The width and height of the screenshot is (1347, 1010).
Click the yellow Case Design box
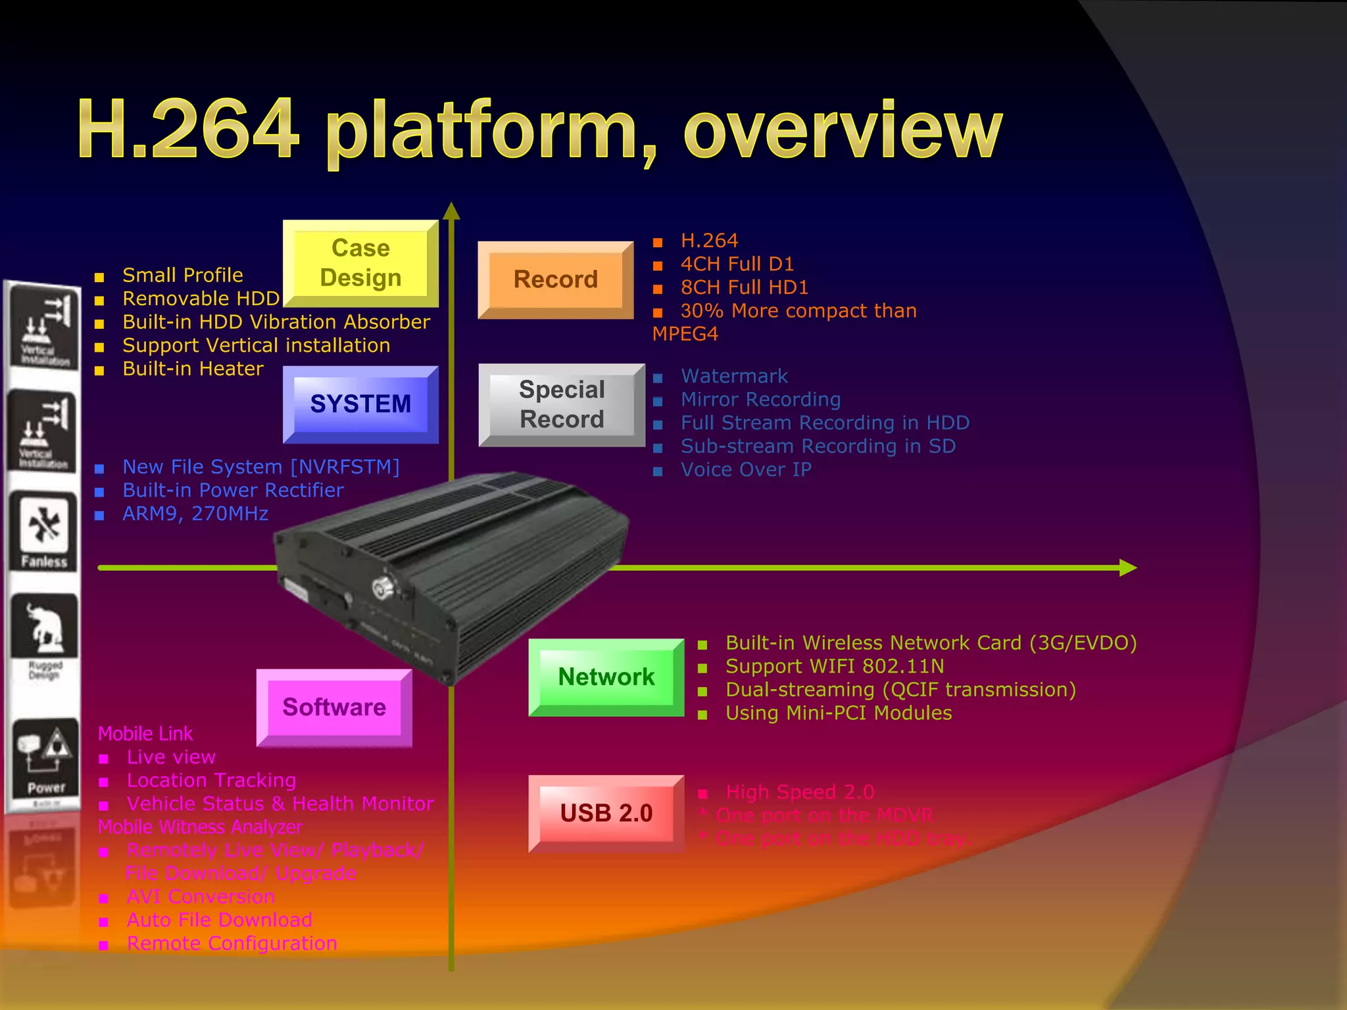pyautogui.click(x=360, y=263)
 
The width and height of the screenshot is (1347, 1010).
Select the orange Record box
pyautogui.click(x=556, y=279)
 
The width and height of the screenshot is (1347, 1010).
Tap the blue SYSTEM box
pyautogui.click(x=360, y=404)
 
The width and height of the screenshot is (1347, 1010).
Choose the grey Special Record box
pyautogui.click(x=562, y=404)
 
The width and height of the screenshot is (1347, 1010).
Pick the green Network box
pyautogui.click(x=606, y=677)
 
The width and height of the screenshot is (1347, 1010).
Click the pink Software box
pyautogui.click(x=334, y=708)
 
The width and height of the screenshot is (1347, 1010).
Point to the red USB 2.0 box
pyautogui.click(x=606, y=813)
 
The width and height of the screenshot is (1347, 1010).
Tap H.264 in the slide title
pyautogui.click(x=188, y=129)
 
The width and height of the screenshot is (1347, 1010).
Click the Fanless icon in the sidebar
pyautogui.click(x=43, y=531)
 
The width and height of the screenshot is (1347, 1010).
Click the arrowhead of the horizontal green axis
pyautogui.click(x=1127, y=567)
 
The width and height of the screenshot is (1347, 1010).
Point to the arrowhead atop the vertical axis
pyautogui.click(x=451, y=211)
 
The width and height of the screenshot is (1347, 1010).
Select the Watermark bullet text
pyautogui.click(x=734, y=376)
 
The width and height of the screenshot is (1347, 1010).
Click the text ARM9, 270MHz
pyautogui.click(x=195, y=514)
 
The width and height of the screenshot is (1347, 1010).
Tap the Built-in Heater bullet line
pyautogui.click(x=193, y=369)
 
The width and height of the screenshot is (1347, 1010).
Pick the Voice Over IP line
pyautogui.click(x=746, y=469)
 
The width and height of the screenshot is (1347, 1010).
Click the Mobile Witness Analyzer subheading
pyautogui.click(x=200, y=827)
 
